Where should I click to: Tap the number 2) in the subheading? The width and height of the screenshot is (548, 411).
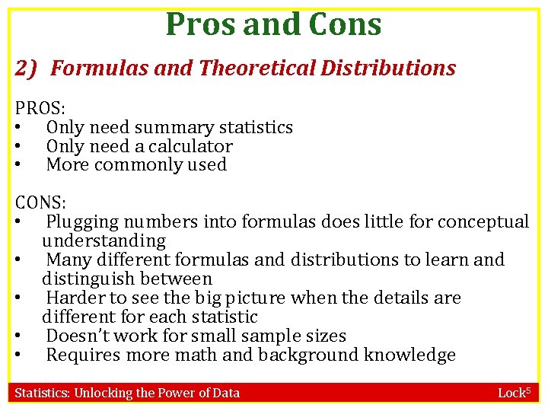pyautogui.click(x=27, y=68)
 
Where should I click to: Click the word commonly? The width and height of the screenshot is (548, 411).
pyautogui.click(x=139, y=165)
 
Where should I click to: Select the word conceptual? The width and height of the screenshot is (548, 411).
pyautogui.click(x=481, y=222)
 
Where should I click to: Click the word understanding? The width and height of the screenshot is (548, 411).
pyautogui.click(x=104, y=241)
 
